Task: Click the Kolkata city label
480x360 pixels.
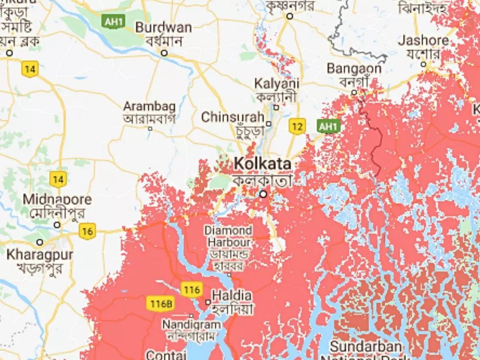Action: tap(262, 164)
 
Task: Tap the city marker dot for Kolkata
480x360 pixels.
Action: tap(263, 194)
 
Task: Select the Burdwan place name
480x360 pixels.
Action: tap(163, 28)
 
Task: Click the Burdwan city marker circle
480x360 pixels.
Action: tap(164, 53)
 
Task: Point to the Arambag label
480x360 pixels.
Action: tap(149, 107)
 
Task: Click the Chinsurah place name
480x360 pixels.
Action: tap(232, 117)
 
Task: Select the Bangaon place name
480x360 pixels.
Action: tap(354, 69)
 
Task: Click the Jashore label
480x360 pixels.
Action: tap(423, 41)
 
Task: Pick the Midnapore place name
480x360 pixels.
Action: tap(57, 200)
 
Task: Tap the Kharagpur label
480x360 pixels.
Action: tap(40, 255)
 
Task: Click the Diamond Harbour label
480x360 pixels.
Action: tap(228, 236)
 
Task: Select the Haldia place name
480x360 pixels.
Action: tap(232, 296)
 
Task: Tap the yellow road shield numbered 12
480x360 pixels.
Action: tap(297, 127)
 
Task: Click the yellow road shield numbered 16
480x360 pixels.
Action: tap(87, 231)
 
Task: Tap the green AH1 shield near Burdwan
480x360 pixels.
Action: tap(114, 22)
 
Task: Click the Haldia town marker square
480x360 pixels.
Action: tap(208, 302)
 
